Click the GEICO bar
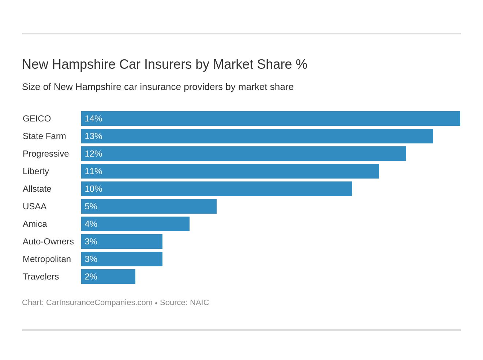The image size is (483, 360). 271,119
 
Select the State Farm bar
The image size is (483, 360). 257,136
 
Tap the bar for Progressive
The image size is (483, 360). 244,154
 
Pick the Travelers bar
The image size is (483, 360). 108,277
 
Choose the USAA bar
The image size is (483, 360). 149,206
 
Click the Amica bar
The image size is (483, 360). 135,224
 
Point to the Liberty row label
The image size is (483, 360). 36,171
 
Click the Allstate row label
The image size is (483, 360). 37,189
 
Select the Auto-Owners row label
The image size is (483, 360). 48,241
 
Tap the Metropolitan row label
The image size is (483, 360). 47,259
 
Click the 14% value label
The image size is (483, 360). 93,119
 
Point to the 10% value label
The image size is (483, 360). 93,189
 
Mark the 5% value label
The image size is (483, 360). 91,206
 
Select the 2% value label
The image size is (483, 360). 91,277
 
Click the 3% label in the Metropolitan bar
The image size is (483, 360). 91,259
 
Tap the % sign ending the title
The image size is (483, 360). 302,64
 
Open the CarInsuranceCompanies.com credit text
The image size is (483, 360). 99,303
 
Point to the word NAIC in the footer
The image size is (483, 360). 199,303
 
